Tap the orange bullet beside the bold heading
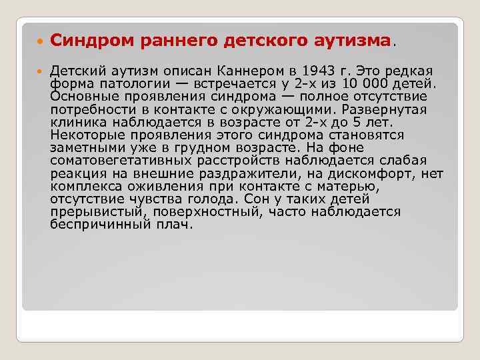pos(37,41)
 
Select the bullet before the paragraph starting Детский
pos(37,71)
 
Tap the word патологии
pos(125,83)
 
